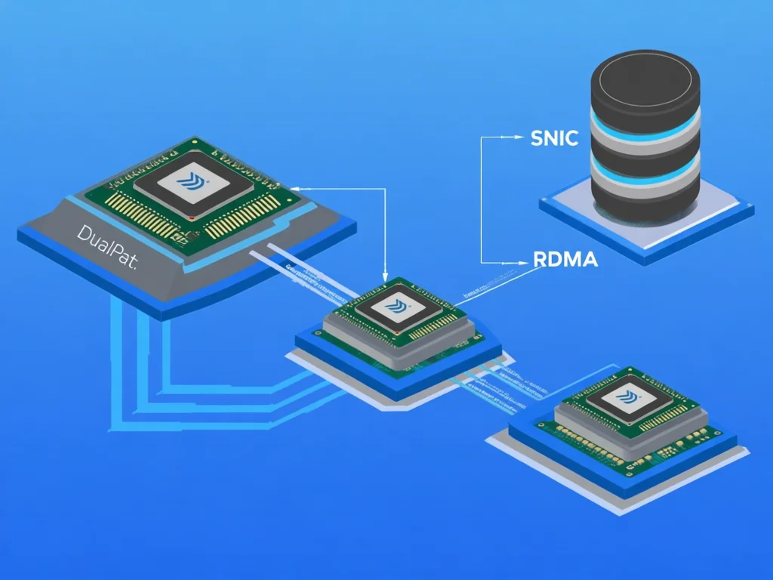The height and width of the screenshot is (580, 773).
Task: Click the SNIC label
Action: pos(555,138)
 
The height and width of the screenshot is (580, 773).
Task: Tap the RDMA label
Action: pos(565,260)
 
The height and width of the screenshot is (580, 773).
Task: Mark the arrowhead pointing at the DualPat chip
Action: pos(297,189)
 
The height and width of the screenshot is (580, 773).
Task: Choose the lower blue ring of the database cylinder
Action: pos(645,175)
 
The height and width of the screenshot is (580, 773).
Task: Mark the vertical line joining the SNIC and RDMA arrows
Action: pos(481,200)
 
